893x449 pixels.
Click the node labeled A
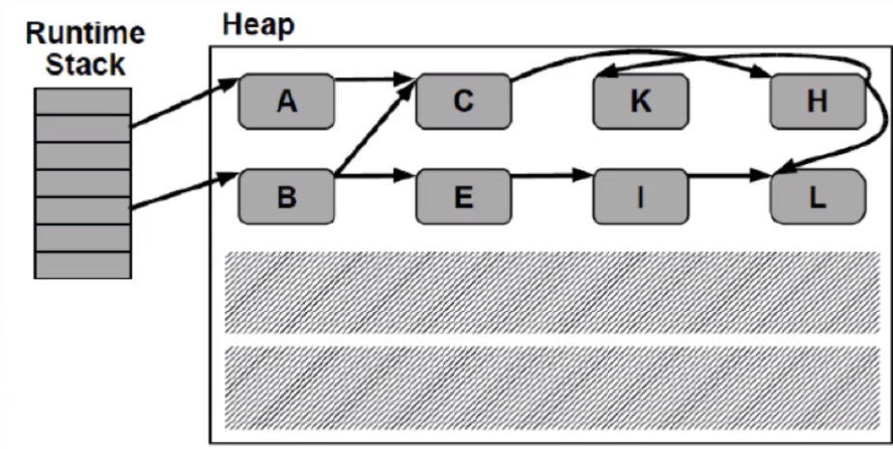pyautogui.click(x=286, y=101)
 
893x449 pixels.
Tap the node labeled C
pyautogui.click(x=463, y=101)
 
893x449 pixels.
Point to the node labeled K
pyautogui.click(x=640, y=101)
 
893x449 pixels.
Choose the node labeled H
pyautogui.click(x=818, y=101)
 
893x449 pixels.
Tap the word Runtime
pyautogui.click(x=85, y=34)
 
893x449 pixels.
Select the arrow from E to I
pyautogui.click(x=551, y=177)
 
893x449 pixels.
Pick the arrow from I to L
pyautogui.click(x=729, y=177)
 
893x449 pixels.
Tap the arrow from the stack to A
pyautogui.click(x=183, y=104)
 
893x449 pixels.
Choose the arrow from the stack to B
pyautogui.click(x=183, y=191)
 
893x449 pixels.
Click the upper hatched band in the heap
pyautogui.click(x=552, y=292)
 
